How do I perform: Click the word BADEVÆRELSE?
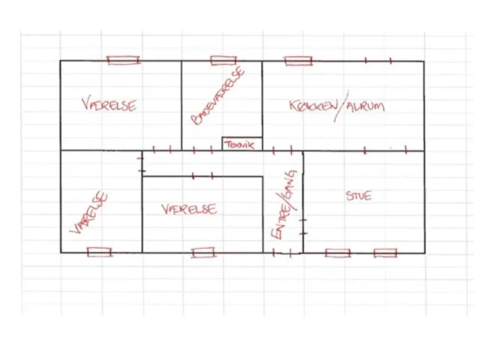pos(217,95)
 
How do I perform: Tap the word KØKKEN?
pos(313,106)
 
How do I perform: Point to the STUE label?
pos(358,196)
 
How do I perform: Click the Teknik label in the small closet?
pos(239,145)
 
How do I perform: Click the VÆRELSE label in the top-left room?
pos(109,105)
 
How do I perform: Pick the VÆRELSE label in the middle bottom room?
pos(189,209)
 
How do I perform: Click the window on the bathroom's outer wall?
pos(223,60)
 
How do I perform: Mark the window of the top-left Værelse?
pos(123,60)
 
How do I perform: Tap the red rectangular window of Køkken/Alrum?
pos(298,61)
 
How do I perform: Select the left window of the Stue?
pos(337,253)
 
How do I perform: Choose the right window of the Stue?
pos(385,253)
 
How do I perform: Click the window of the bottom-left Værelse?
pos(99,252)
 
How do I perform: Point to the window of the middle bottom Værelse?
pos(203,253)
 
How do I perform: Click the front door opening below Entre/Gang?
pos(282,253)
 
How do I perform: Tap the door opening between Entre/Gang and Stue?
pos(303,226)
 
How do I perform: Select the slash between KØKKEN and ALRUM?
pos(341,106)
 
